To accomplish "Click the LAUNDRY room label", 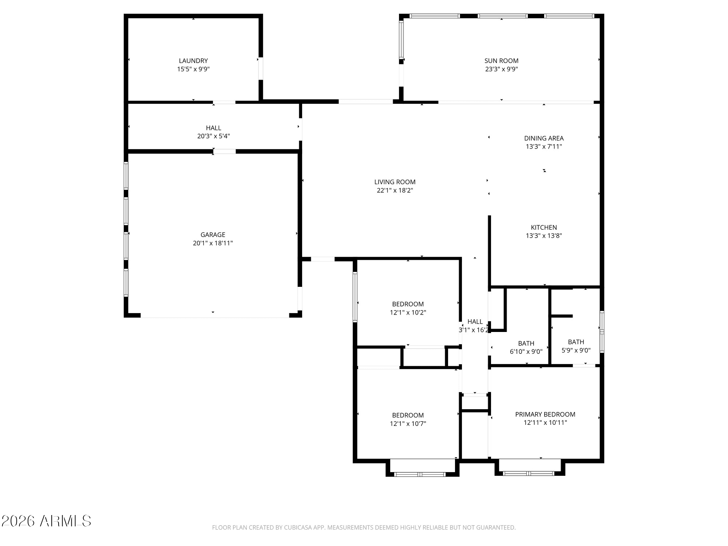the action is pos(193,61).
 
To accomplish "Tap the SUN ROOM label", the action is pos(501,61).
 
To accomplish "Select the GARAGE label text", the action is pos(213,235).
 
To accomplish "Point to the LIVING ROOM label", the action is pos(395,182).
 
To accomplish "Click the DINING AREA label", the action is pos(544,138).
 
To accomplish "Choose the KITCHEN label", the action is pos(544,227).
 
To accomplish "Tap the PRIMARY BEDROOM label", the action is pos(545,414).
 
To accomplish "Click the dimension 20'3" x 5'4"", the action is pos(214,136).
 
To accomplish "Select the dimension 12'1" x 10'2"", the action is pos(408,312).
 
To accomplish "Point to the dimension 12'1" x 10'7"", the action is pos(408,424).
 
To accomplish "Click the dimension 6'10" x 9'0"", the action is pos(526,352).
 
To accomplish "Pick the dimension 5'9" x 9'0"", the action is pos(576,350).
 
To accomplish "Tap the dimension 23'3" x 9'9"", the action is pos(501,69).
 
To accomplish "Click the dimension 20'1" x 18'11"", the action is pos(213,243).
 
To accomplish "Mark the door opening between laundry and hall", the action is pos(224,102).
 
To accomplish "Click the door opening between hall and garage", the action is pos(224,151).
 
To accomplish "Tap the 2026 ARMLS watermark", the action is pos(46,521).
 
